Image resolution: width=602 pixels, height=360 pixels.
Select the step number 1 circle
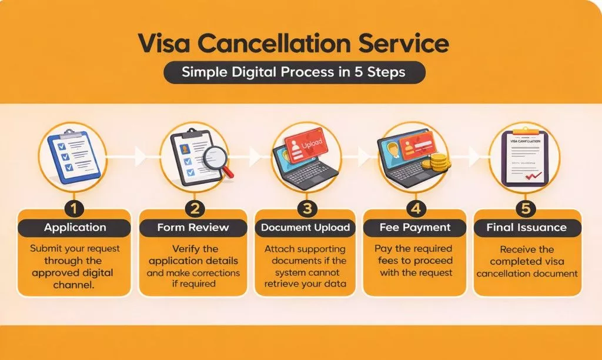(75, 209)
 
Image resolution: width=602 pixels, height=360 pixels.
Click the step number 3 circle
(305, 209)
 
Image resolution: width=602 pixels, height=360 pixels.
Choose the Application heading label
(75, 228)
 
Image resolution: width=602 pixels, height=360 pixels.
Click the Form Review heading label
(193, 228)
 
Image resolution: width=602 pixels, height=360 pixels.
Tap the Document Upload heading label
(305, 228)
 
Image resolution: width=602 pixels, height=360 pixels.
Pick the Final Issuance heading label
(527, 228)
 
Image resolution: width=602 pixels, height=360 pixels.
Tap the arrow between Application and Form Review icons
(140, 156)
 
